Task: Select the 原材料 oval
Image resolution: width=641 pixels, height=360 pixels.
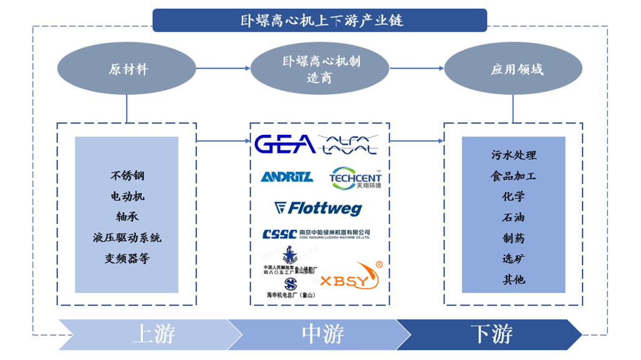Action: point(128,69)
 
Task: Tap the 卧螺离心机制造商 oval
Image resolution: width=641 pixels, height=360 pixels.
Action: point(319,69)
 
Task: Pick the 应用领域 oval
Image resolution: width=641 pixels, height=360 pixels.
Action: point(513,69)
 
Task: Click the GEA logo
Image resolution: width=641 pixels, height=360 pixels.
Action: point(285,144)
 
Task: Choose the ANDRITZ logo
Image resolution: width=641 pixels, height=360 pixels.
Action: point(286,177)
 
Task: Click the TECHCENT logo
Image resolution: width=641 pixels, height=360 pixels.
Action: point(355,177)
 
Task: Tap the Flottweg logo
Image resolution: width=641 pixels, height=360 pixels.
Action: point(319,208)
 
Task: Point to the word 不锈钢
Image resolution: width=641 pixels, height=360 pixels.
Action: point(127,176)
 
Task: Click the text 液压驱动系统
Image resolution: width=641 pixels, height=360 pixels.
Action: point(127,238)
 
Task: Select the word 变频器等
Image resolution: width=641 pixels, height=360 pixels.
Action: point(127,258)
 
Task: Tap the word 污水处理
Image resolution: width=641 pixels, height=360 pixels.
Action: point(513,155)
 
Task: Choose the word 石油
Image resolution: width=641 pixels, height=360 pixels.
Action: point(513,217)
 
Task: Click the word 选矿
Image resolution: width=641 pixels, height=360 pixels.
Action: point(513,258)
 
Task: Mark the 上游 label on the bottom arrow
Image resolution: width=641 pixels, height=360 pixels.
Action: point(153,334)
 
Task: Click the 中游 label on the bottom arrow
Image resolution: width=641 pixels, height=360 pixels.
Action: point(322,334)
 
